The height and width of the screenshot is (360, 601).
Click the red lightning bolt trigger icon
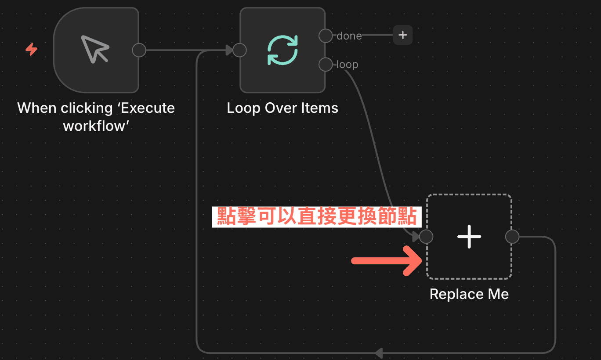(31, 50)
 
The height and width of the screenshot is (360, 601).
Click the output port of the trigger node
(139, 50)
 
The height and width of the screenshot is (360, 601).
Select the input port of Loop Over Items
(239, 50)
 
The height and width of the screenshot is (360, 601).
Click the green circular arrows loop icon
(282, 50)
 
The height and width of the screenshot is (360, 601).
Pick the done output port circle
(326, 36)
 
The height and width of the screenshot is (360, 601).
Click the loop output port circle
(326, 65)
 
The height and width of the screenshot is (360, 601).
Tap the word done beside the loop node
(349, 36)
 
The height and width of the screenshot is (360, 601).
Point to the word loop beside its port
(348, 65)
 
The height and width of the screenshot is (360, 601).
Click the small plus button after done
(403, 35)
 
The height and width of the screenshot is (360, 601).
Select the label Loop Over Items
(282, 108)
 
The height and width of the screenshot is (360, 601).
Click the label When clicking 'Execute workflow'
(96, 117)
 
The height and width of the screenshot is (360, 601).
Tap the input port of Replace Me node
(426, 237)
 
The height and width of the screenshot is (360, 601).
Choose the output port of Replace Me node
(512, 237)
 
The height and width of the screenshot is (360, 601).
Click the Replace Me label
(469, 294)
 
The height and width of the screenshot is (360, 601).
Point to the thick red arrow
(387, 261)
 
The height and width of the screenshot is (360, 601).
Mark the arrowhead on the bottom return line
(379, 353)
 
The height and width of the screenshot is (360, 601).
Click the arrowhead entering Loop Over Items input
(229, 50)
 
